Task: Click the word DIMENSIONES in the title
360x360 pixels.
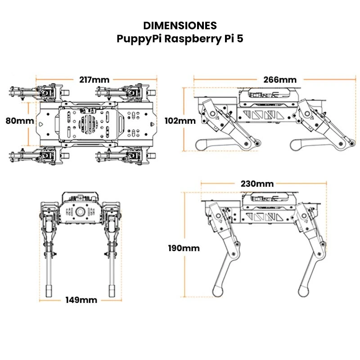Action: [180, 25]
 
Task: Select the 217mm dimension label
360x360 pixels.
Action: [94, 80]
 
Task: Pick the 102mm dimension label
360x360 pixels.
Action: [180, 121]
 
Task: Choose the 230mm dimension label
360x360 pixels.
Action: [257, 184]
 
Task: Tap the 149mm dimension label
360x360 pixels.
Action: [81, 300]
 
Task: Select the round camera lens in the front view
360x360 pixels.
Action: [81, 211]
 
